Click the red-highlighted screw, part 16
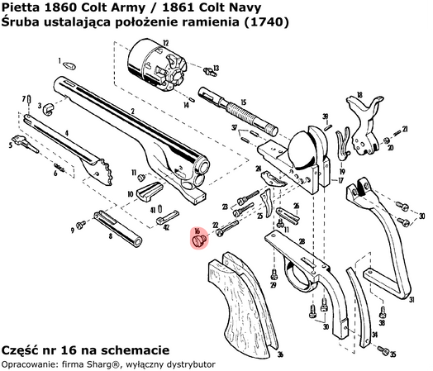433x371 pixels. click(x=199, y=240)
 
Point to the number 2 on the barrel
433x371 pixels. click(x=131, y=112)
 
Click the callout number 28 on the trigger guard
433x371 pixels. click(x=302, y=241)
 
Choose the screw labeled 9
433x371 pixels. click(x=81, y=223)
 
